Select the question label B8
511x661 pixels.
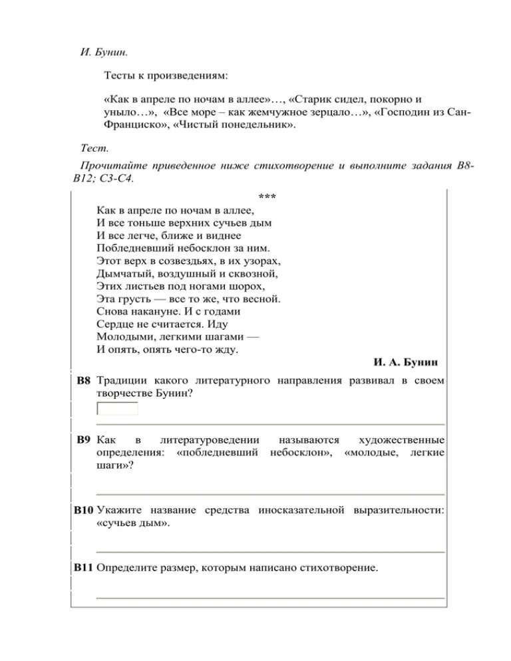tap(83, 381)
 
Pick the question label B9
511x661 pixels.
tap(83, 440)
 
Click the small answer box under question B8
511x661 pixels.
tap(118, 408)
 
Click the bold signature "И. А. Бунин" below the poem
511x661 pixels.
tap(409, 362)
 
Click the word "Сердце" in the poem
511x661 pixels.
tap(114, 324)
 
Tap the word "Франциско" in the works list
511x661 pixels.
tap(132, 124)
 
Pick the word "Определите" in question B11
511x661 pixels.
tap(126, 568)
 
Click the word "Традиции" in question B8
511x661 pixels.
tap(120, 381)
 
